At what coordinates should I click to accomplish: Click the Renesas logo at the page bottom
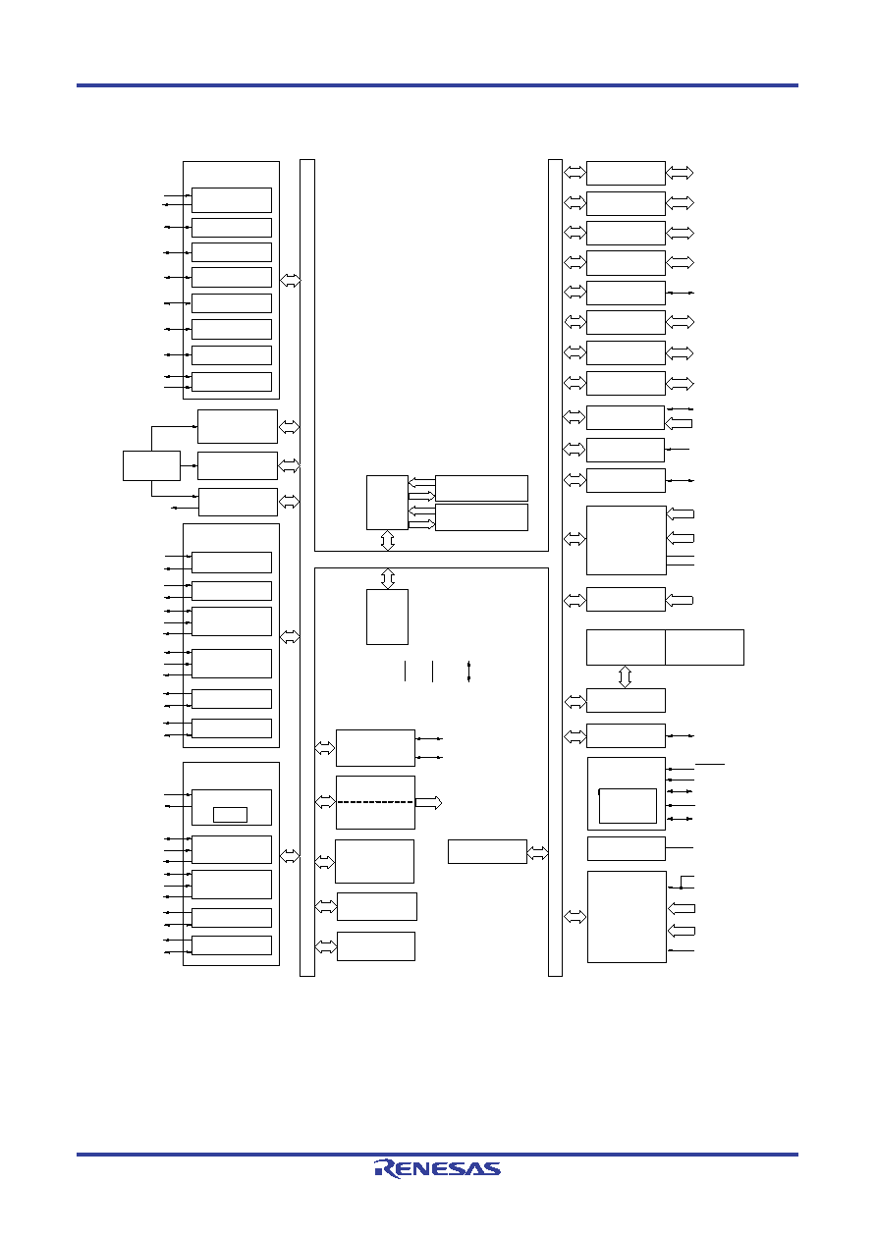coord(437,1168)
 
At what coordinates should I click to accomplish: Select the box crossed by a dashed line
coord(375,802)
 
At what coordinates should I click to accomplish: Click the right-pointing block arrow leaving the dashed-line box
coord(428,802)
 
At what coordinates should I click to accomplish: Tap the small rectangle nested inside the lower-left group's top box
coord(230,815)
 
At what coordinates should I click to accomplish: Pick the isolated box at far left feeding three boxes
coord(151,465)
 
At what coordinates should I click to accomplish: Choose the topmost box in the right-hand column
coord(626,173)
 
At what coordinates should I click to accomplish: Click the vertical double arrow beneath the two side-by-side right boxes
coord(625,676)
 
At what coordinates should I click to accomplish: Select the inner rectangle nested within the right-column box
coord(628,806)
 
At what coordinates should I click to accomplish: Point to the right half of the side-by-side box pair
coord(705,647)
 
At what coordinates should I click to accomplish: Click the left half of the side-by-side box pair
coord(626,647)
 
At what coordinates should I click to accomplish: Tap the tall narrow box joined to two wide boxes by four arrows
coord(387,503)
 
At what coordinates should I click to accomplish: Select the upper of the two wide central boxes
coord(481,488)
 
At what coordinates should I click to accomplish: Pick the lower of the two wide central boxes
coord(481,517)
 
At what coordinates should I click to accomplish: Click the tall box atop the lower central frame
coord(387,617)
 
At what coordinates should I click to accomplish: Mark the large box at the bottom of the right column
coord(627,917)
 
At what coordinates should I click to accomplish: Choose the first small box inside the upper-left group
coord(232,200)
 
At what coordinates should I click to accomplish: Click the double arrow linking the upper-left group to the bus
coord(290,281)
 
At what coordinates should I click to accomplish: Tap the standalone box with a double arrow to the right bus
coord(487,852)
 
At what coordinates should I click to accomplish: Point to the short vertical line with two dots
coord(468,671)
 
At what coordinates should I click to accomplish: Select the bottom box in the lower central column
coord(376,946)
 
